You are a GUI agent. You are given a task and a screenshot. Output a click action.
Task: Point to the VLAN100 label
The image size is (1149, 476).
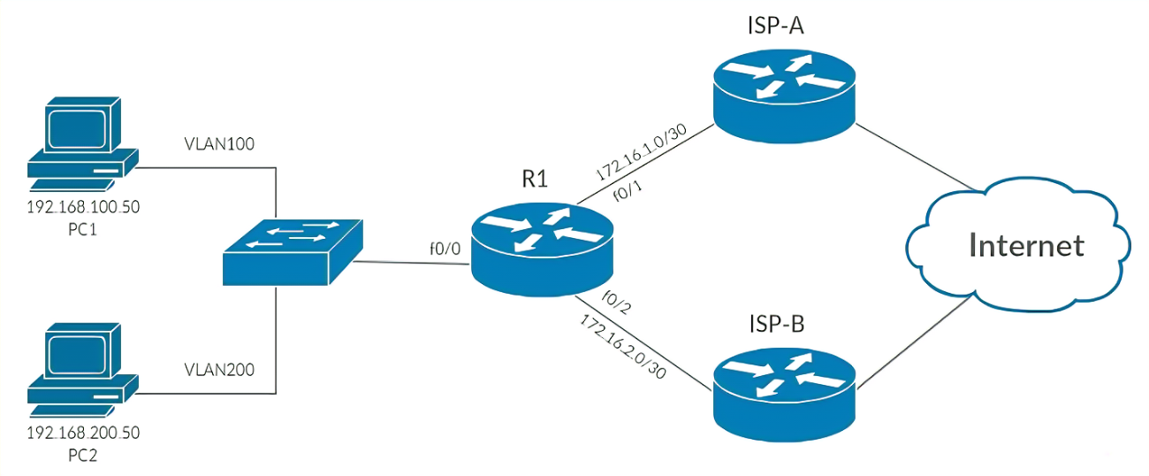[x=219, y=143]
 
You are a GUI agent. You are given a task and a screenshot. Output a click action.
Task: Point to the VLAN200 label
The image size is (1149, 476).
[x=219, y=369]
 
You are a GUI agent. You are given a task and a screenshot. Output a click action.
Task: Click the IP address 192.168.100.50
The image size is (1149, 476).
[x=83, y=208]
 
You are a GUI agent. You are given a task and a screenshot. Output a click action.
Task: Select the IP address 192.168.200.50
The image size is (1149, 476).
[x=83, y=434]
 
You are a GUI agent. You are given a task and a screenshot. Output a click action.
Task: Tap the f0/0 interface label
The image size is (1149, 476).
[x=443, y=250]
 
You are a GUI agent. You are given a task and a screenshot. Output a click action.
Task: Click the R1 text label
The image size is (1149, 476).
[x=535, y=179]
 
